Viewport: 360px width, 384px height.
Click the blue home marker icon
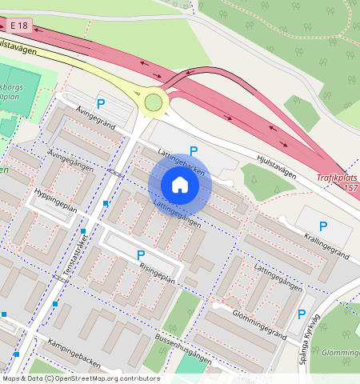tap(180, 186)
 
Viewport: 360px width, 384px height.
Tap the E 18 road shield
tap(22, 26)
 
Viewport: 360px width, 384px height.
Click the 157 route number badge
tap(349, 188)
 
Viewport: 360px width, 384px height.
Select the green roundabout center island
tap(153, 102)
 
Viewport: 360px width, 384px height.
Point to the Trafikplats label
tap(337, 178)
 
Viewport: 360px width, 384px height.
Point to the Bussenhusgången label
tap(183, 346)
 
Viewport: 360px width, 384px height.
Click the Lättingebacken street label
tap(181, 161)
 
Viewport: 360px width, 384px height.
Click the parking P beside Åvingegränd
tap(101, 103)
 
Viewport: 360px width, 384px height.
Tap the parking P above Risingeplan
tap(141, 255)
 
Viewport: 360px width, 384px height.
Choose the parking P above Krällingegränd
tap(323, 226)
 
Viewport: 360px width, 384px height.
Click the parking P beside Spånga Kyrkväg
tap(302, 315)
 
